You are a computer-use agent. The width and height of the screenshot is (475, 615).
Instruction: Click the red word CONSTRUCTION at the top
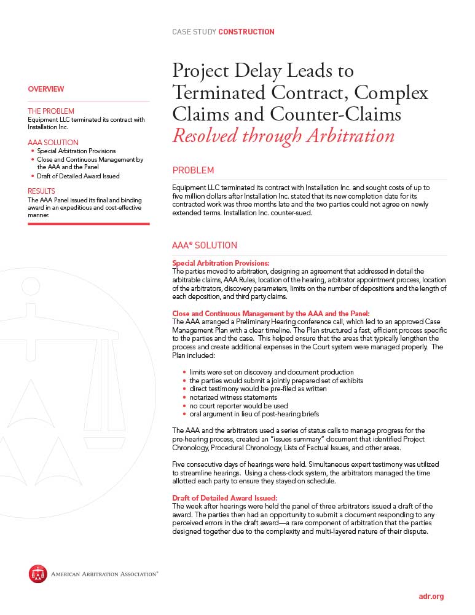(x=246, y=32)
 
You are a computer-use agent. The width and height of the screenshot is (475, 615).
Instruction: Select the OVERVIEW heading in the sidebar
(x=46, y=89)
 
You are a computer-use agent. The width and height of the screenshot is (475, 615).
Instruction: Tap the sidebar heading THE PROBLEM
(x=51, y=111)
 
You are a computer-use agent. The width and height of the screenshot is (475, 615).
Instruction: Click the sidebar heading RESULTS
(x=41, y=191)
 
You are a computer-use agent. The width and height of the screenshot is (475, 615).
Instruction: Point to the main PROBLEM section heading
(x=193, y=170)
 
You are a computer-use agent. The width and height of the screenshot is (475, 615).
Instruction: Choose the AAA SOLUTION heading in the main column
(x=204, y=245)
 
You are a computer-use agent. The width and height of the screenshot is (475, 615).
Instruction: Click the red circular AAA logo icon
(x=37, y=574)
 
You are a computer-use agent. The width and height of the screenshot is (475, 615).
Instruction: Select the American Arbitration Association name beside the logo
(x=104, y=574)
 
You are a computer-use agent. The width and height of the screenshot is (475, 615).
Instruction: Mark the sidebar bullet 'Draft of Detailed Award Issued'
(x=78, y=177)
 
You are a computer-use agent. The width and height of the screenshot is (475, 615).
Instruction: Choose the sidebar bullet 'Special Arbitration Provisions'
(x=76, y=151)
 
